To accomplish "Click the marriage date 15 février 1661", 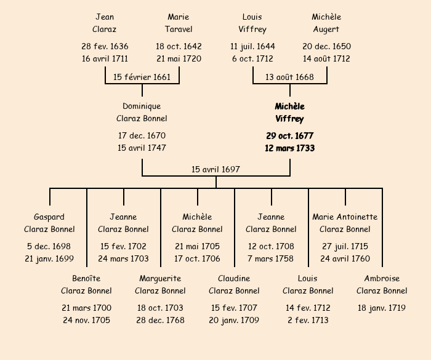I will [142, 77].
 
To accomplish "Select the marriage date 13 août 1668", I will [289, 77].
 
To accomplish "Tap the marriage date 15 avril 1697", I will [216, 169].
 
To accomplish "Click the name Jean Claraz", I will [105, 23].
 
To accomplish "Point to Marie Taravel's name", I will [179, 23].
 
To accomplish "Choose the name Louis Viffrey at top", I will [252, 23].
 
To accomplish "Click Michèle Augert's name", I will [326, 23].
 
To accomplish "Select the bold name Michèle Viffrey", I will [289, 113].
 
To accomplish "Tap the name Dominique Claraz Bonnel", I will [142, 113].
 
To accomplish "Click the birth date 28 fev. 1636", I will [105, 46].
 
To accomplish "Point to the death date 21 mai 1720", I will [179, 59].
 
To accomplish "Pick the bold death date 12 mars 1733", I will [289, 148].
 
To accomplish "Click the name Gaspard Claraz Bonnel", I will [49, 223].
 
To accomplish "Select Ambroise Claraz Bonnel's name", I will [382, 285].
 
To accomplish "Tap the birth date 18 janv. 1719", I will [382, 308].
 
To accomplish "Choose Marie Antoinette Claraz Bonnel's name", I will [345, 223].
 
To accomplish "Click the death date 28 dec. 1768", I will [160, 320].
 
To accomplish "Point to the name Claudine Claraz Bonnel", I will [234, 285].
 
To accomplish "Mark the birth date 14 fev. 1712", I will [308, 308].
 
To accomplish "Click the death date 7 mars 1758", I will [271, 258].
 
